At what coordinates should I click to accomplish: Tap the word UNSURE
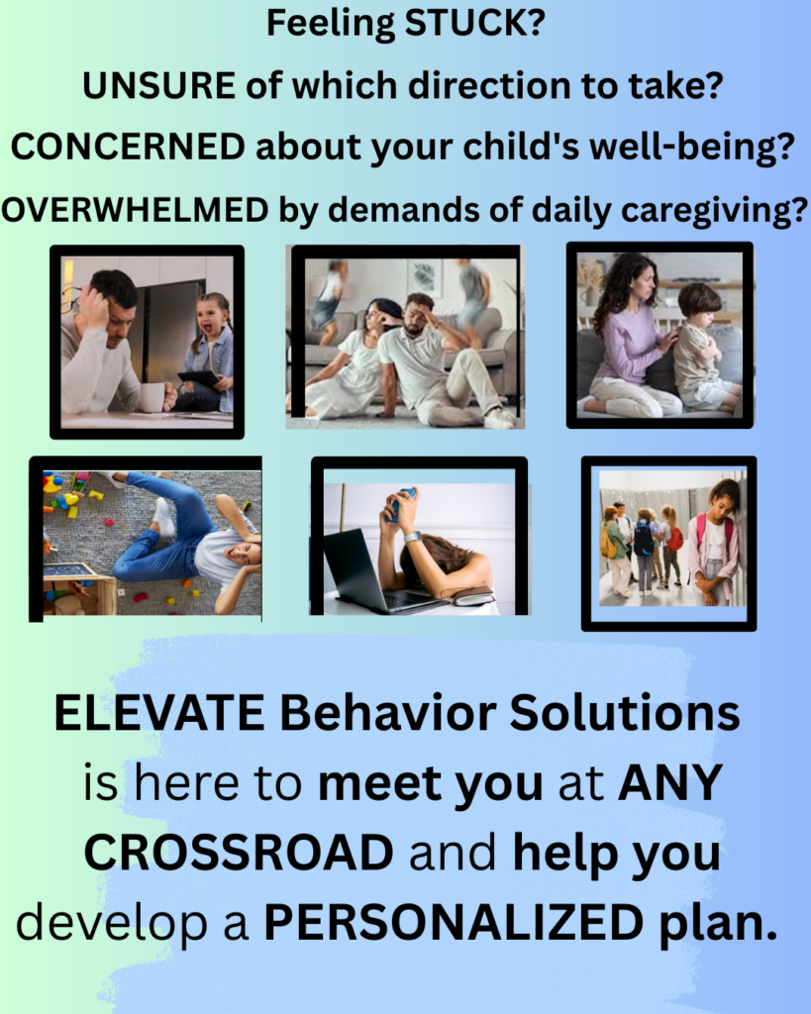[159, 86]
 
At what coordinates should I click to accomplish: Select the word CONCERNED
[128, 147]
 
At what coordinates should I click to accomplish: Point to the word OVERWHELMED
[135, 210]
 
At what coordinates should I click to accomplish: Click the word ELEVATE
[159, 713]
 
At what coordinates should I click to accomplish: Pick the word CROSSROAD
[240, 852]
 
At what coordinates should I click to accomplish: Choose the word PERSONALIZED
[454, 922]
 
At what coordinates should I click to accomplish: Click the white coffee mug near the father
[153, 397]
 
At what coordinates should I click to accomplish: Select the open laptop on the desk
[365, 571]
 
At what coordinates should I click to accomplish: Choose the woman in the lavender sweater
[631, 337]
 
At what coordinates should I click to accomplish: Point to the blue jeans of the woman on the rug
[165, 525]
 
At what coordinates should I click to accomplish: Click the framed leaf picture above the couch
[425, 277]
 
